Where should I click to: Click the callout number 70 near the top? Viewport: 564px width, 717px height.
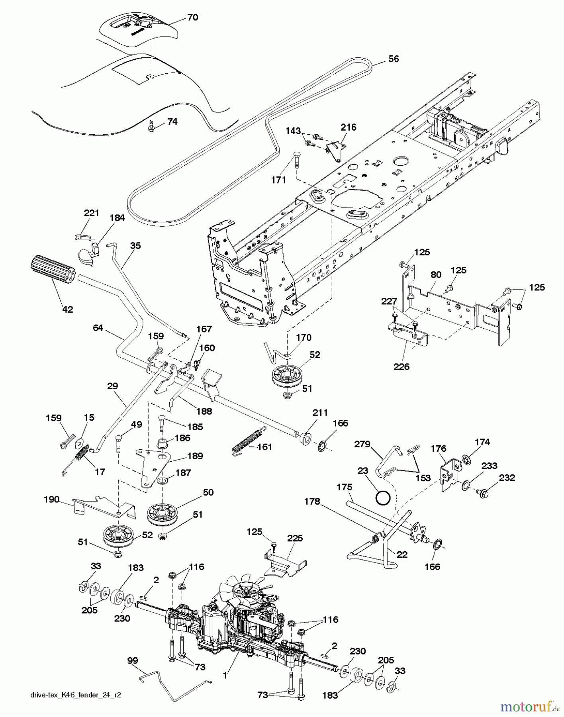pyautogui.click(x=192, y=18)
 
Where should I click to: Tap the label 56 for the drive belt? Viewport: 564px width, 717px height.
pyautogui.click(x=394, y=59)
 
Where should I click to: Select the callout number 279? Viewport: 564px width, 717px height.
pyautogui.click(x=362, y=444)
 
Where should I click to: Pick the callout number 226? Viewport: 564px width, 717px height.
pyautogui.click(x=401, y=366)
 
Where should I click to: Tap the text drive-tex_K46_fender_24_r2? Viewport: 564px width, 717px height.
pyautogui.click(x=75, y=695)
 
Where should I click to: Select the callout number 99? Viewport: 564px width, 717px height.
pyautogui.click(x=132, y=660)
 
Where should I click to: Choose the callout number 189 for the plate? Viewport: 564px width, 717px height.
pyautogui.click(x=195, y=456)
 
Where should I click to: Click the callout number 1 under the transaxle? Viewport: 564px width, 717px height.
pyautogui.click(x=225, y=675)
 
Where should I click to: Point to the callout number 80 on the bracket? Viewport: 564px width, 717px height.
pyautogui.click(x=436, y=274)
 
